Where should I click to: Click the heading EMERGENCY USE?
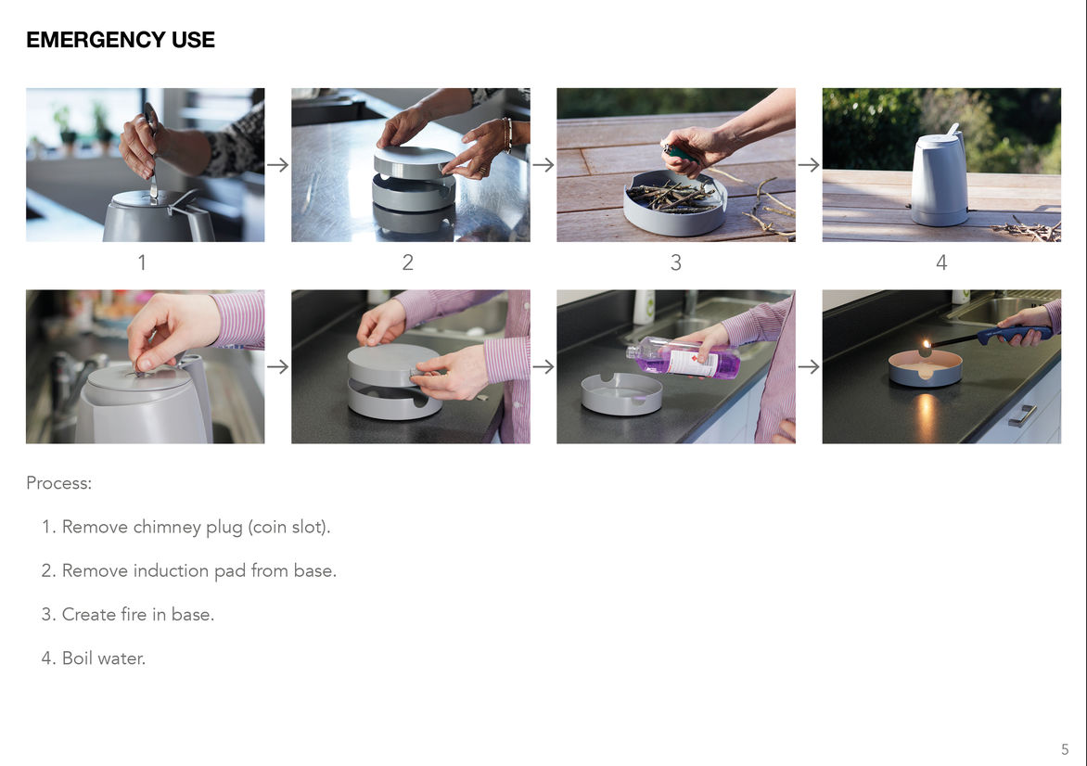(x=121, y=40)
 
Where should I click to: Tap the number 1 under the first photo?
(x=142, y=262)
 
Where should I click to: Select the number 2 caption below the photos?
(x=408, y=262)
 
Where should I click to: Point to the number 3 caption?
(x=676, y=262)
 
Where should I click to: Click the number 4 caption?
(x=941, y=262)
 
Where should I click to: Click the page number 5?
(x=1065, y=749)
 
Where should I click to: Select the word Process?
(x=59, y=482)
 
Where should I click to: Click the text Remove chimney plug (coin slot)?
(x=197, y=527)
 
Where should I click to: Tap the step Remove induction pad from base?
(x=199, y=570)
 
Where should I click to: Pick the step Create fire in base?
(x=138, y=614)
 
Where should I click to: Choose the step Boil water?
(x=104, y=657)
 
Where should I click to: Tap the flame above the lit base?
(x=926, y=346)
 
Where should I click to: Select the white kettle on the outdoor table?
(x=940, y=178)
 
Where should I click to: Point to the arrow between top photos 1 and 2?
(x=277, y=165)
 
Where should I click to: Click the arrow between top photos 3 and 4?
(x=809, y=165)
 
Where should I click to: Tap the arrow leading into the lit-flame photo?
(x=809, y=366)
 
